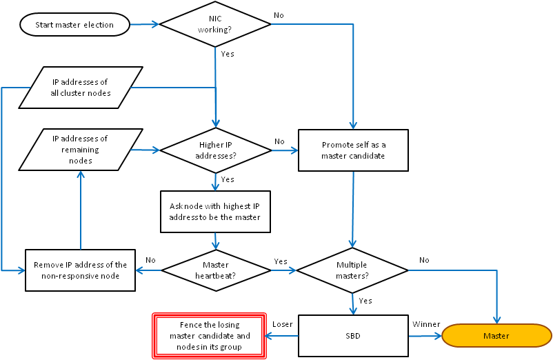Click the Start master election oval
pos(75,26)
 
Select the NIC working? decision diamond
pos(215,25)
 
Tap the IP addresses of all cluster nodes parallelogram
pos(81,87)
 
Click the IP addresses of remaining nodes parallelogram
pos(81,149)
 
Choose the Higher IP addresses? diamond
pos(215,150)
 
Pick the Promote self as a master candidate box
pos(354,150)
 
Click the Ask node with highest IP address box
pos(215,211)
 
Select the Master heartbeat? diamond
pos(215,270)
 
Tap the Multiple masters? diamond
pos(352,270)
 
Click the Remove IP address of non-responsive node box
pos(81,270)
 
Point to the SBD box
pos(352,336)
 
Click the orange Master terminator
pos(496,336)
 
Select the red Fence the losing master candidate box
pos(210,336)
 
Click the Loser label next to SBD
pos(283,324)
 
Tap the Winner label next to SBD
pos(426,324)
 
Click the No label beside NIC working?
pos(279,15)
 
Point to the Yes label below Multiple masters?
pos(365,301)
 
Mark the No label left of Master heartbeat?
pos(150,261)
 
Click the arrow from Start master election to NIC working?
pos(145,25)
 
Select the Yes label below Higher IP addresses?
pos(227,179)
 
